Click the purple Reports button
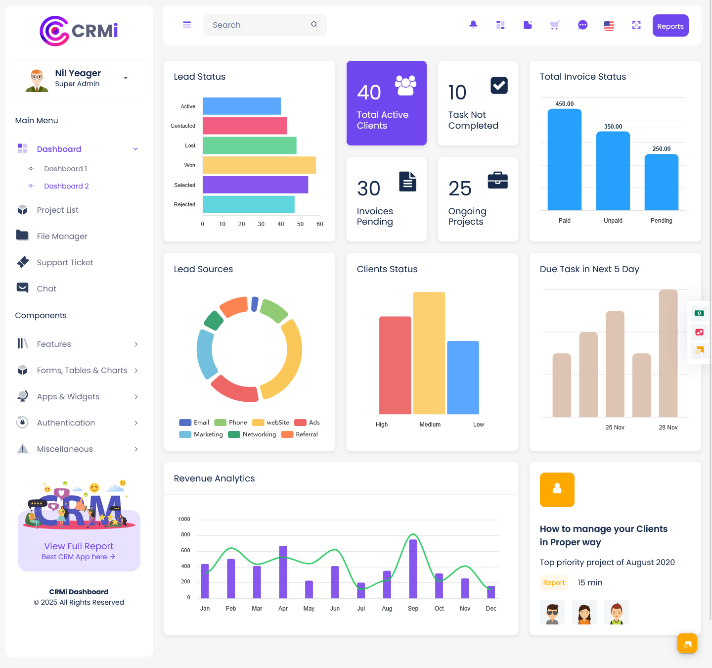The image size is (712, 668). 670,26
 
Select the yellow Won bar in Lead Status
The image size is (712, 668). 259,165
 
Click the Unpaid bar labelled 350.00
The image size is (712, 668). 613,171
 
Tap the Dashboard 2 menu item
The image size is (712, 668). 66,186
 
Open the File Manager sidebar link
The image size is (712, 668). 62,237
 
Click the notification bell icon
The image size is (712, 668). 473,25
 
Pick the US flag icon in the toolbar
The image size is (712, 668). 609,25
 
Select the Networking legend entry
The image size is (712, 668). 259,434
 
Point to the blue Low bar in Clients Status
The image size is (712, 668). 463,377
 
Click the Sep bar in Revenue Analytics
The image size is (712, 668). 413,569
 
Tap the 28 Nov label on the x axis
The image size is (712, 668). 668,428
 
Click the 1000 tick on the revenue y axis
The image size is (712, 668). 184,519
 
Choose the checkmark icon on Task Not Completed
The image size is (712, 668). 499,86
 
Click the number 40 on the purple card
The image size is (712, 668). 369,93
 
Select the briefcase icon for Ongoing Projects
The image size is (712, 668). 497,181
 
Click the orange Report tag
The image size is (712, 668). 554,583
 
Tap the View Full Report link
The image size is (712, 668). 79,546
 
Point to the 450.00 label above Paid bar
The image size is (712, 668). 564,104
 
